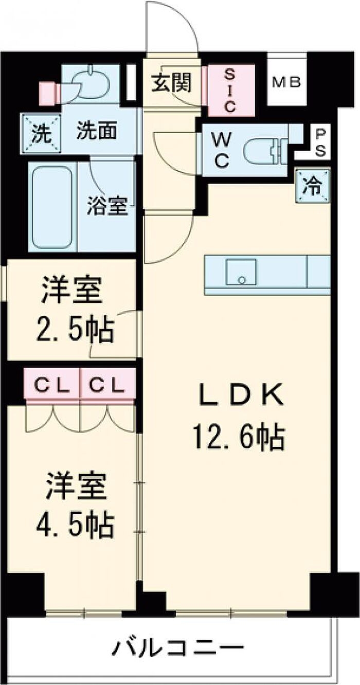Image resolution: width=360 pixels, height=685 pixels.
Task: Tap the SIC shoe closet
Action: click(231, 90)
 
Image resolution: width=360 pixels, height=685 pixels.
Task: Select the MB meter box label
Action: click(286, 82)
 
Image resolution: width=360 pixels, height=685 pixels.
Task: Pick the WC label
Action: click(221, 150)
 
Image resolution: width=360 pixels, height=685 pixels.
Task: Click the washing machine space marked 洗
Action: click(41, 133)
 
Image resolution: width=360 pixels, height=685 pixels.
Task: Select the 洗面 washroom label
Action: click(97, 131)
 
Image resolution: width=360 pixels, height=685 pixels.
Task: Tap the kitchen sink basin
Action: click(241, 272)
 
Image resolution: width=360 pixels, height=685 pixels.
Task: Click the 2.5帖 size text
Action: click(75, 330)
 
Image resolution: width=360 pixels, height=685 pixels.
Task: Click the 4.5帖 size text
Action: click(75, 526)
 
